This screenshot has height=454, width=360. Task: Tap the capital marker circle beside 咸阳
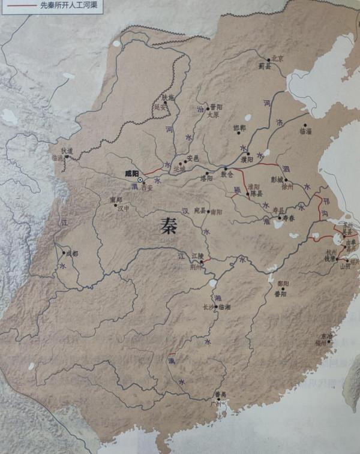coord(140,179)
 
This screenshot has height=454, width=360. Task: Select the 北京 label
coord(276,58)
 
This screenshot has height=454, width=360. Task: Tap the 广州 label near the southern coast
coord(220,404)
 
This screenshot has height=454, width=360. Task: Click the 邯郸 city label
coord(239,128)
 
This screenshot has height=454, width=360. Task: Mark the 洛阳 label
coord(206,178)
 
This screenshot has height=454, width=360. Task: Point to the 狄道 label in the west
coord(66,151)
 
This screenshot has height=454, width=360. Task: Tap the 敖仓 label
coord(226,175)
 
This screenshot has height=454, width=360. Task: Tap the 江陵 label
coord(198,257)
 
